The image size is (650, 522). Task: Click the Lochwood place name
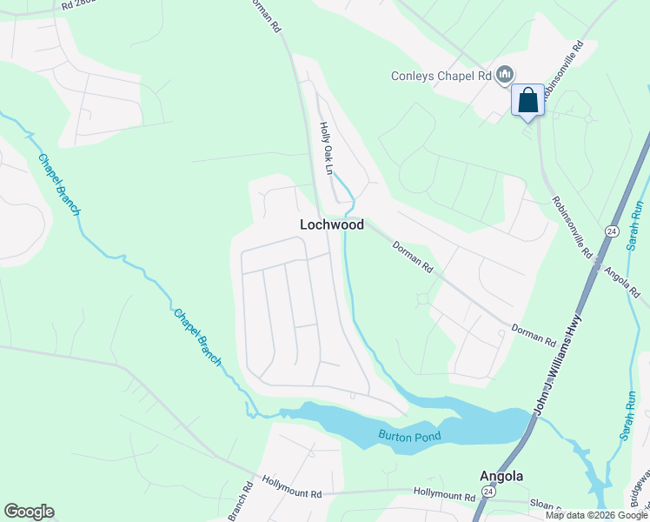[x=331, y=224]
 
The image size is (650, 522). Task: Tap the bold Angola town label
[x=502, y=476]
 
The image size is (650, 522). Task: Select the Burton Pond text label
[x=409, y=436]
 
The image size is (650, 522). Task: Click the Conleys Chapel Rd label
[x=441, y=76]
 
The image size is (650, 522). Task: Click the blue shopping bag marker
[x=527, y=101]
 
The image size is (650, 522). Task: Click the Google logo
[x=29, y=512]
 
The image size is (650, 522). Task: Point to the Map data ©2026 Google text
[x=597, y=515]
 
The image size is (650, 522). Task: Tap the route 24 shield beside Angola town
[x=489, y=492]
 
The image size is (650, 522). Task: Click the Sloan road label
[x=543, y=504]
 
